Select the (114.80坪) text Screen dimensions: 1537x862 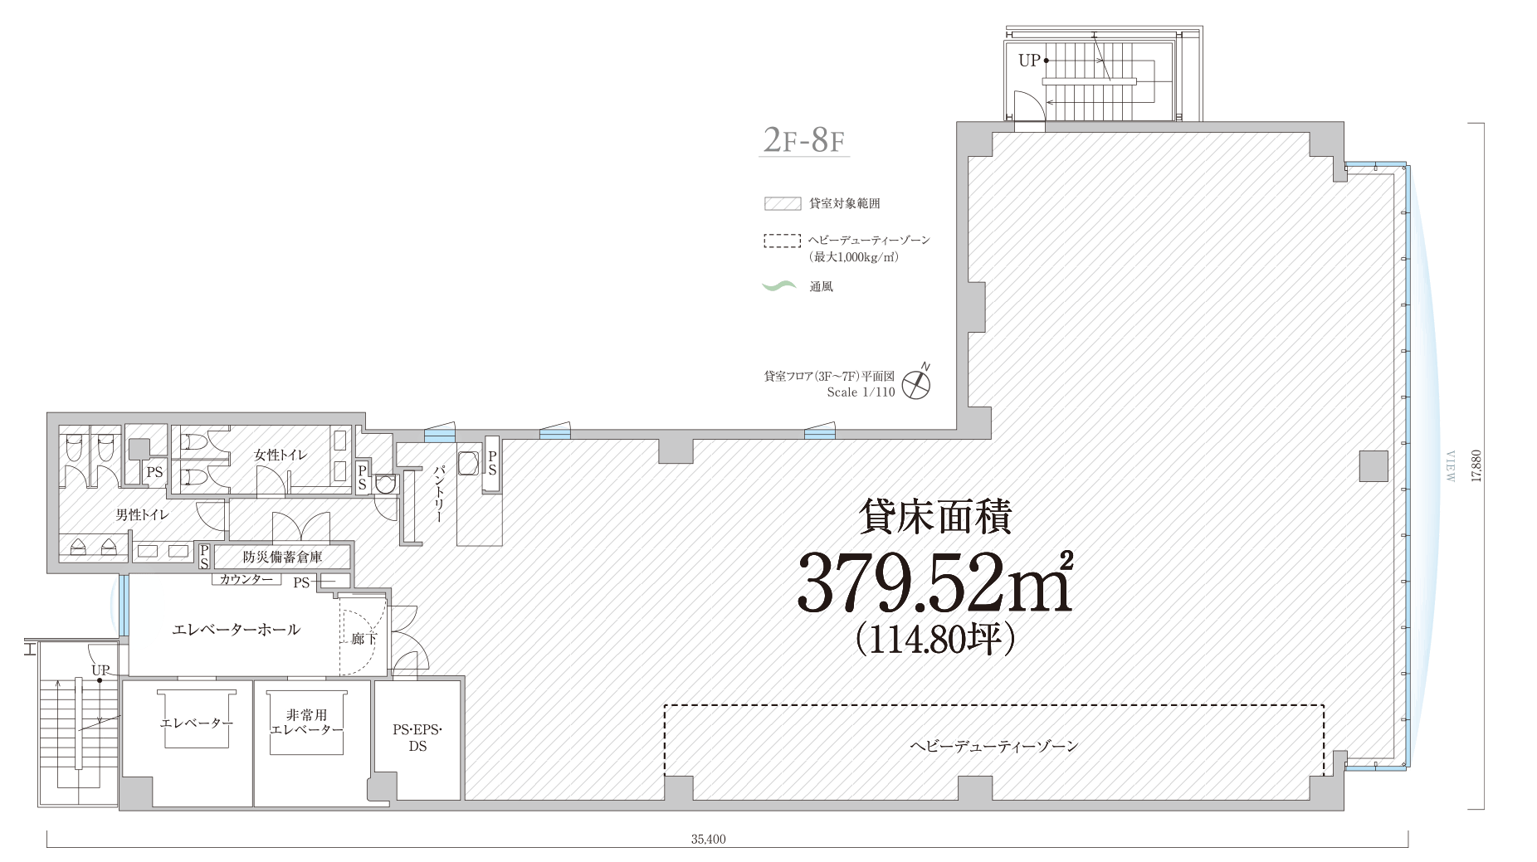[935, 640]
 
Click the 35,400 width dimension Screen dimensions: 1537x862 [708, 839]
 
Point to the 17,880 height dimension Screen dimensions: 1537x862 [1475, 466]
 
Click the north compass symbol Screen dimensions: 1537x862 [917, 382]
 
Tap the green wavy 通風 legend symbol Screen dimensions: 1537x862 [779, 286]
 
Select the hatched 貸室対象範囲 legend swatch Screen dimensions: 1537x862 [782, 203]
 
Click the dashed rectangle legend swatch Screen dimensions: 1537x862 [782, 241]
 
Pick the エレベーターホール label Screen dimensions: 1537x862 [236, 630]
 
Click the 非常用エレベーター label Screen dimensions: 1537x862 [306, 722]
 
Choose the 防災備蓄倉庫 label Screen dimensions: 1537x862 [283, 557]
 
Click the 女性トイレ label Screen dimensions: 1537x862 [281, 455]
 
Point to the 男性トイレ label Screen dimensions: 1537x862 [143, 515]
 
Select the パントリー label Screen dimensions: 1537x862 [439, 494]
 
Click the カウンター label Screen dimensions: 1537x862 [246, 579]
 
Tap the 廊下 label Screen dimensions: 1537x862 [363, 639]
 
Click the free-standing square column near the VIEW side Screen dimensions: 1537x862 [1374, 465]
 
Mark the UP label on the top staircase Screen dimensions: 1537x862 [1029, 61]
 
